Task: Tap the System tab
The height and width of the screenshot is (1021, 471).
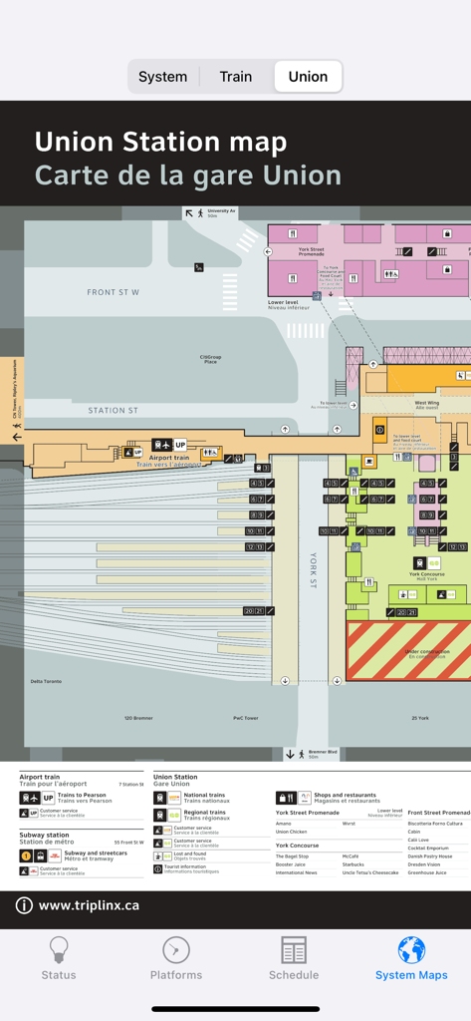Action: click(162, 77)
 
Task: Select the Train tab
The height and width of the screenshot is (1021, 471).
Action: click(236, 77)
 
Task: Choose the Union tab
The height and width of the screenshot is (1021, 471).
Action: click(308, 77)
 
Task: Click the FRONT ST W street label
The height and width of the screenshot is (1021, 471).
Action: click(114, 292)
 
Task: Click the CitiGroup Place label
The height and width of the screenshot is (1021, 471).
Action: click(210, 359)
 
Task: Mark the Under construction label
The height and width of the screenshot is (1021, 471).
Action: click(426, 653)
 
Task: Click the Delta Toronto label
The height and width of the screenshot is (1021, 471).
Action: click(46, 681)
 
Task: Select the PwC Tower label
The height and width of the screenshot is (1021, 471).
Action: click(246, 718)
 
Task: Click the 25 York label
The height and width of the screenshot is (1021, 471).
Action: click(420, 718)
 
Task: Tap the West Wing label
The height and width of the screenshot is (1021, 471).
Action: click(426, 404)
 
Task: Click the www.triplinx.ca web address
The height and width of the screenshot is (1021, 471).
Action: click(89, 905)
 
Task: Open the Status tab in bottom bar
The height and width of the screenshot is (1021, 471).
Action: click(59, 959)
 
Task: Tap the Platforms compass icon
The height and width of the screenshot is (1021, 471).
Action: click(176, 950)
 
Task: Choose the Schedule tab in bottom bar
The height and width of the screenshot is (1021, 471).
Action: click(294, 959)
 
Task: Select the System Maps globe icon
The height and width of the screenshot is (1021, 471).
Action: click(411, 950)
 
